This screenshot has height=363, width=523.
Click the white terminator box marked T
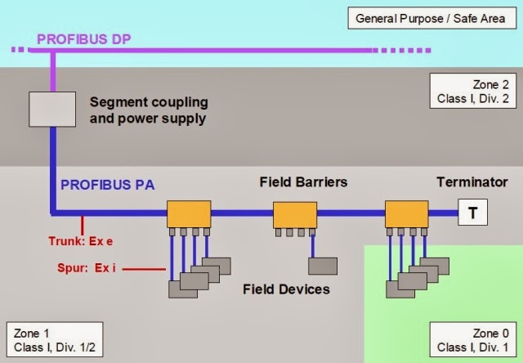[x=472, y=213]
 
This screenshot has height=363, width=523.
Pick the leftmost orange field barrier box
[x=189, y=214]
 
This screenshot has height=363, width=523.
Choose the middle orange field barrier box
[x=294, y=215]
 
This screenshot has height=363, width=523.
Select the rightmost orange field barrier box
[x=407, y=214]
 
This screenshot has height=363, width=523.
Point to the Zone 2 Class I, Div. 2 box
[x=470, y=92]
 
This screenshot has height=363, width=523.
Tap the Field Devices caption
[x=286, y=289]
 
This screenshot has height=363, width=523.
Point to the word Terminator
[x=472, y=181]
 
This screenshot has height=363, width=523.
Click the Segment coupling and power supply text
[x=148, y=110]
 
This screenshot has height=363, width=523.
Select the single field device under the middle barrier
[x=322, y=266]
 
